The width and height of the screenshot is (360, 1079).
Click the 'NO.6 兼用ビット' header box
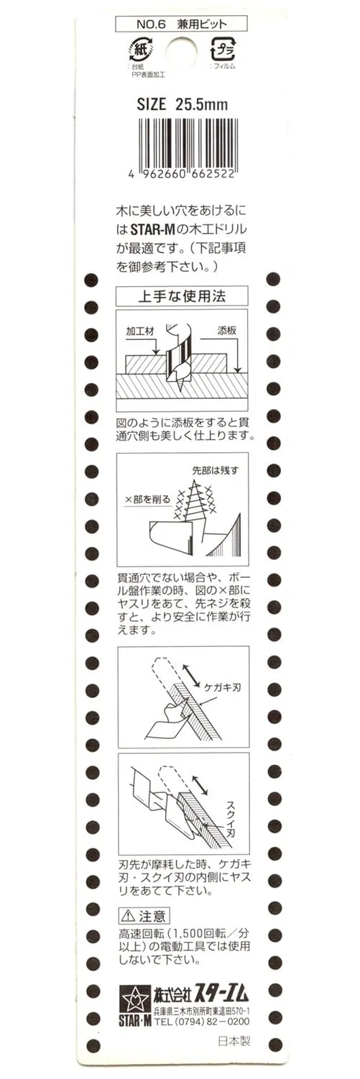182,24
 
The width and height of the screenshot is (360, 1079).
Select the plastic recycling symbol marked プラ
222,48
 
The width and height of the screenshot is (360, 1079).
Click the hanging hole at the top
182,49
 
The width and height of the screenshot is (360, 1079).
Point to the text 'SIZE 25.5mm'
182,104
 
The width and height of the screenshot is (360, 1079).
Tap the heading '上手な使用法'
182,295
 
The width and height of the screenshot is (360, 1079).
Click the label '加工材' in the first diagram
140,331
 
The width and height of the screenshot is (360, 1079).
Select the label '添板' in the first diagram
226,331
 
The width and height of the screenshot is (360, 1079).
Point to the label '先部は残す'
215,471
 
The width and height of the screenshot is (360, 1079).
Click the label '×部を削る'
148,500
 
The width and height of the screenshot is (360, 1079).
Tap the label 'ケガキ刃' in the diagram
222,687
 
